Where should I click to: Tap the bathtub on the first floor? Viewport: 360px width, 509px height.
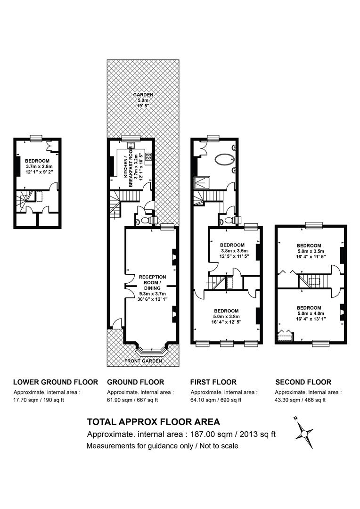pyautogui.click(x=224, y=160)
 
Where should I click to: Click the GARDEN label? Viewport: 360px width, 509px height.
pyautogui.click(x=143, y=95)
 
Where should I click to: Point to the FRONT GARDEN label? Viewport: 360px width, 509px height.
pyautogui.click(x=143, y=361)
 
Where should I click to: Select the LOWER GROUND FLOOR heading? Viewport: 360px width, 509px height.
pyautogui.click(x=56, y=382)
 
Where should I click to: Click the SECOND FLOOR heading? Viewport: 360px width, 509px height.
pyautogui.click(x=303, y=382)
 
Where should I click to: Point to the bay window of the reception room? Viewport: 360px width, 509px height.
pyautogui.click(x=152, y=351)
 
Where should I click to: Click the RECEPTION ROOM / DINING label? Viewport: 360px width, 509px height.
pyautogui.click(x=152, y=282)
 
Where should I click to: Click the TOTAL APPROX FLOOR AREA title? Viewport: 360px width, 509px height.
pyautogui.click(x=154, y=422)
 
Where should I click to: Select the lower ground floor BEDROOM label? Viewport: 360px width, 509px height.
pyautogui.click(x=37, y=161)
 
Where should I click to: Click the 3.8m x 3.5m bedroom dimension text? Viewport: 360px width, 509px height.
pyautogui.click(x=234, y=251)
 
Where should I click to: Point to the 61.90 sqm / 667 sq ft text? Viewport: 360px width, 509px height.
pyautogui.click(x=132, y=400)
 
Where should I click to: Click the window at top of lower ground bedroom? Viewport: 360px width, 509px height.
pyautogui.click(x=36, y=138)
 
